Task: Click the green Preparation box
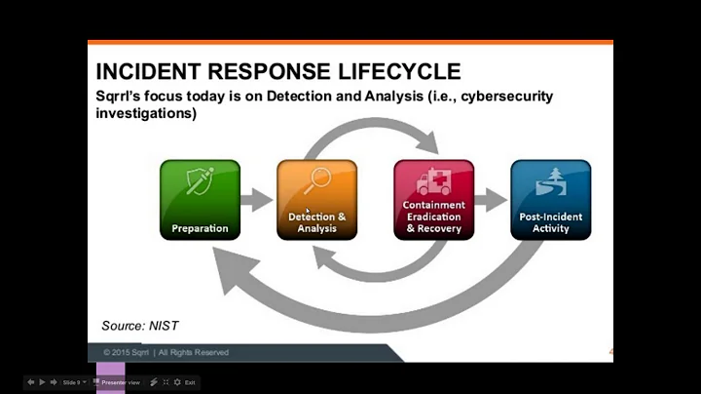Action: pyautogui.click(x=200, y=200)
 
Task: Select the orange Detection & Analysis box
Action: pyautogui.click(x=316, y=200)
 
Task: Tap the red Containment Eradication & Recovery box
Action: pyautogui.click(x=433, y=200)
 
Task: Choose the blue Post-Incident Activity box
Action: pyautogui.click(x=550, y=200)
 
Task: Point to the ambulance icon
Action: pyautogui.click(x=433, y=181)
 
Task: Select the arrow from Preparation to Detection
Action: pyautogui.click(x=258, y=200)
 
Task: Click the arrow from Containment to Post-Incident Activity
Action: pyautogui.click(x=492, y=200)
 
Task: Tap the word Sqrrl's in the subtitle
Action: pyautogui.click(x=125, y=96)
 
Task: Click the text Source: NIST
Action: pyautogui.click(x=140, y=325)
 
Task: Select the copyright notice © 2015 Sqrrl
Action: pyautogui.click(x=166, y=352)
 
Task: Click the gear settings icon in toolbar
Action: pyautogui.click(x=176, y=382)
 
